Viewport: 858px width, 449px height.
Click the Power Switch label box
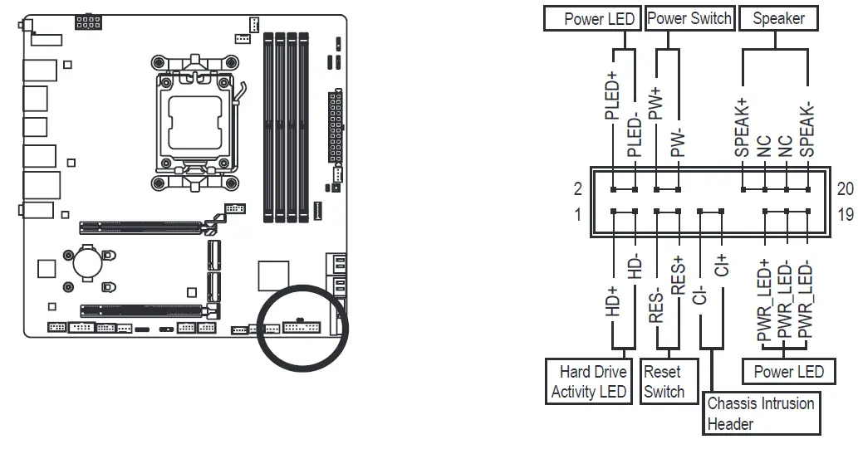(x=689, y=18)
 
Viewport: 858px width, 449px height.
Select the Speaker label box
(x=778, y=18)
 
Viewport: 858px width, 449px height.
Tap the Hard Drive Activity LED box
(x=588, y=382)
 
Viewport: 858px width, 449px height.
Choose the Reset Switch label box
(x=664, y=382)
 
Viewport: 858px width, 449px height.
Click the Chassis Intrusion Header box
(x=760, y=413)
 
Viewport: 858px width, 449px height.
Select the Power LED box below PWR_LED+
(x=788, y=371)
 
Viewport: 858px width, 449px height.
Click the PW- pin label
(x=679, y=143)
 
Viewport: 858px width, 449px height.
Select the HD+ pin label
(x=613, y=301)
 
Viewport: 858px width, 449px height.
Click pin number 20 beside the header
(x=846, y=188)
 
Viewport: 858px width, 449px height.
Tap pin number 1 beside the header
(x=577, y=215)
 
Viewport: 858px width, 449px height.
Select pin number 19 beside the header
(x=846, y=215)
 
